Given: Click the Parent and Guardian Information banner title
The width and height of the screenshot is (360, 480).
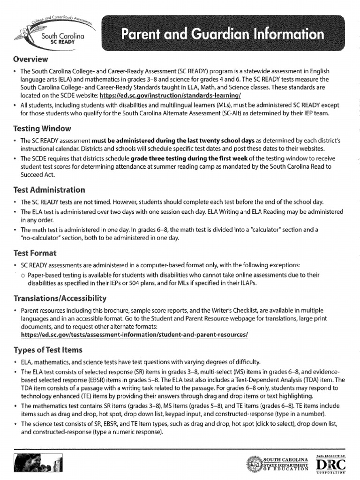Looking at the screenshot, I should coord(222,34).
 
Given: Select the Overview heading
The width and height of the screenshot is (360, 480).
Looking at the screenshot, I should coord(30,59).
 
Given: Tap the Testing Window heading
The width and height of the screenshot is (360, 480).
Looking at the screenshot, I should coord(42,128).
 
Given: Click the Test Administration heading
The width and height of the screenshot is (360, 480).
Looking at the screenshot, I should coord(49,190).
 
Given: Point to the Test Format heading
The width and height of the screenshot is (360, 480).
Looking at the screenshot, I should coord(35,253).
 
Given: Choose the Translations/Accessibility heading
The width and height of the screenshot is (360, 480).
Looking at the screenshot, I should coord(60,298).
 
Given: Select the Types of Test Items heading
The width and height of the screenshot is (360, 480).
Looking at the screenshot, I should coord(48,350).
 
